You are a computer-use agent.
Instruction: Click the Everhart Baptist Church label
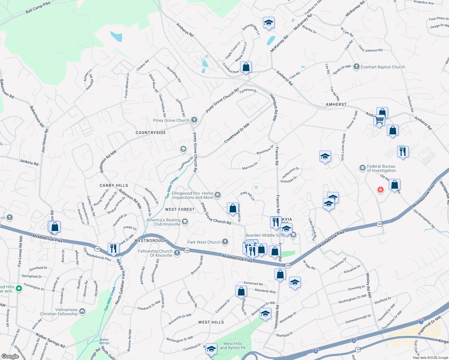[383, 67]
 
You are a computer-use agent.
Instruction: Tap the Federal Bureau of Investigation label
[381, 168]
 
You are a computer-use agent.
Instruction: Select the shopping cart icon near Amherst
[379, 120]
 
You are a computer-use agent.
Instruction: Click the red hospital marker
[381, 190]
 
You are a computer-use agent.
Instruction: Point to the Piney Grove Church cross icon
[194, 120]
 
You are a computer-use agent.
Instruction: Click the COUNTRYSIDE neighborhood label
[151, 133]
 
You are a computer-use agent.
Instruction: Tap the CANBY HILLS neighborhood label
[114, 185]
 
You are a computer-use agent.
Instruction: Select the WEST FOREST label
[180, 209]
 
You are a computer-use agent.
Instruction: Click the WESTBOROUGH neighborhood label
[151, 241]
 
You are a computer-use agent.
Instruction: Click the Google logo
[10, 356]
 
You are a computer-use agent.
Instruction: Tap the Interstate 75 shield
[421, 322]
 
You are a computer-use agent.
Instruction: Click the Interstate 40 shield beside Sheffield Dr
[354, 340]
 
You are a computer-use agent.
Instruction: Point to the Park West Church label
[204, 242]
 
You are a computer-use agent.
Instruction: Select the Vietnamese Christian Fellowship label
[59, 312]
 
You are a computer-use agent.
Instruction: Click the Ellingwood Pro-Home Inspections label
[192, 196]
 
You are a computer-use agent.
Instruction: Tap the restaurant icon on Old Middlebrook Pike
[113, 248]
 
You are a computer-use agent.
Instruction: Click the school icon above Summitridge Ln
[269, 23]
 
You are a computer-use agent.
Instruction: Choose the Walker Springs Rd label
[50, 340]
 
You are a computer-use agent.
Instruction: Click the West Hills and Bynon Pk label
[233, 346]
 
